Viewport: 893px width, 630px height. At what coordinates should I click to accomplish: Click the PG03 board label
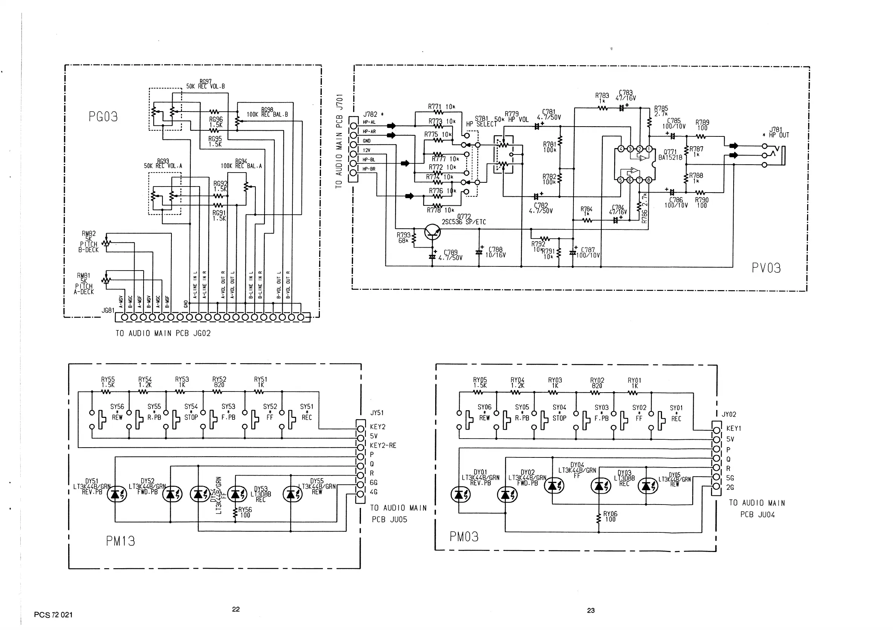pyautogui.click(x=103, y=117)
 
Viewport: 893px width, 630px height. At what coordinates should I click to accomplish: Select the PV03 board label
pyautogui.click(x=766, y=268)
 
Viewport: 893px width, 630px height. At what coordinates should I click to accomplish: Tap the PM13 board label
pyautogui.click(x=120, y=541)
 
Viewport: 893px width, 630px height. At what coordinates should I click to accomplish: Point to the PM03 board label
pyautogui.click(x=464, y=537)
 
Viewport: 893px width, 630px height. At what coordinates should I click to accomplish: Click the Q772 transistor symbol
pyautogui.click(x=433, y=232)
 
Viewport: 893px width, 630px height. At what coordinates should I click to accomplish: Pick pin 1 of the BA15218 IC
pyautogui.click(x=649, y=148)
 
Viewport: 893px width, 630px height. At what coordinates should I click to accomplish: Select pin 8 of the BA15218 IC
pyautogui.click(x=649, y=180)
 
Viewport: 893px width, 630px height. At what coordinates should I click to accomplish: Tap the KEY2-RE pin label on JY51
pyautogui.click(x=383, y=445)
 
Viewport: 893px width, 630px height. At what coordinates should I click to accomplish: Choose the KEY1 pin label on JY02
pyautogui.click(x=734, y=428)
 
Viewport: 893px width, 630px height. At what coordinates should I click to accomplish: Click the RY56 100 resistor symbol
pyautogui.click(x=235, y=512)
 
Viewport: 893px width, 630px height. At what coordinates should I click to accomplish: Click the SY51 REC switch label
pyautogui.click(x=306, y=412)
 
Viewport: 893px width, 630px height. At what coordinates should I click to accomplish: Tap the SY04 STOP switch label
pyautogui.click(x=559, y=413)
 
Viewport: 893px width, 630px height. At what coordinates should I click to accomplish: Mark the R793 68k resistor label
pyautogui.click(x=403, y=238)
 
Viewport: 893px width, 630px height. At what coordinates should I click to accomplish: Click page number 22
pyautogui.click(x=236, y=609)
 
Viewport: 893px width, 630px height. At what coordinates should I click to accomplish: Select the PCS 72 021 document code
pyautogui.click(x=53, y=615)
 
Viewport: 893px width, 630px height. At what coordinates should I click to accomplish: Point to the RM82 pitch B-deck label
pyautogui.click(x=89, y=242)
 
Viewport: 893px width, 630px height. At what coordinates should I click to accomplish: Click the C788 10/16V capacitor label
pyautogui.click(x=495, y=252)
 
